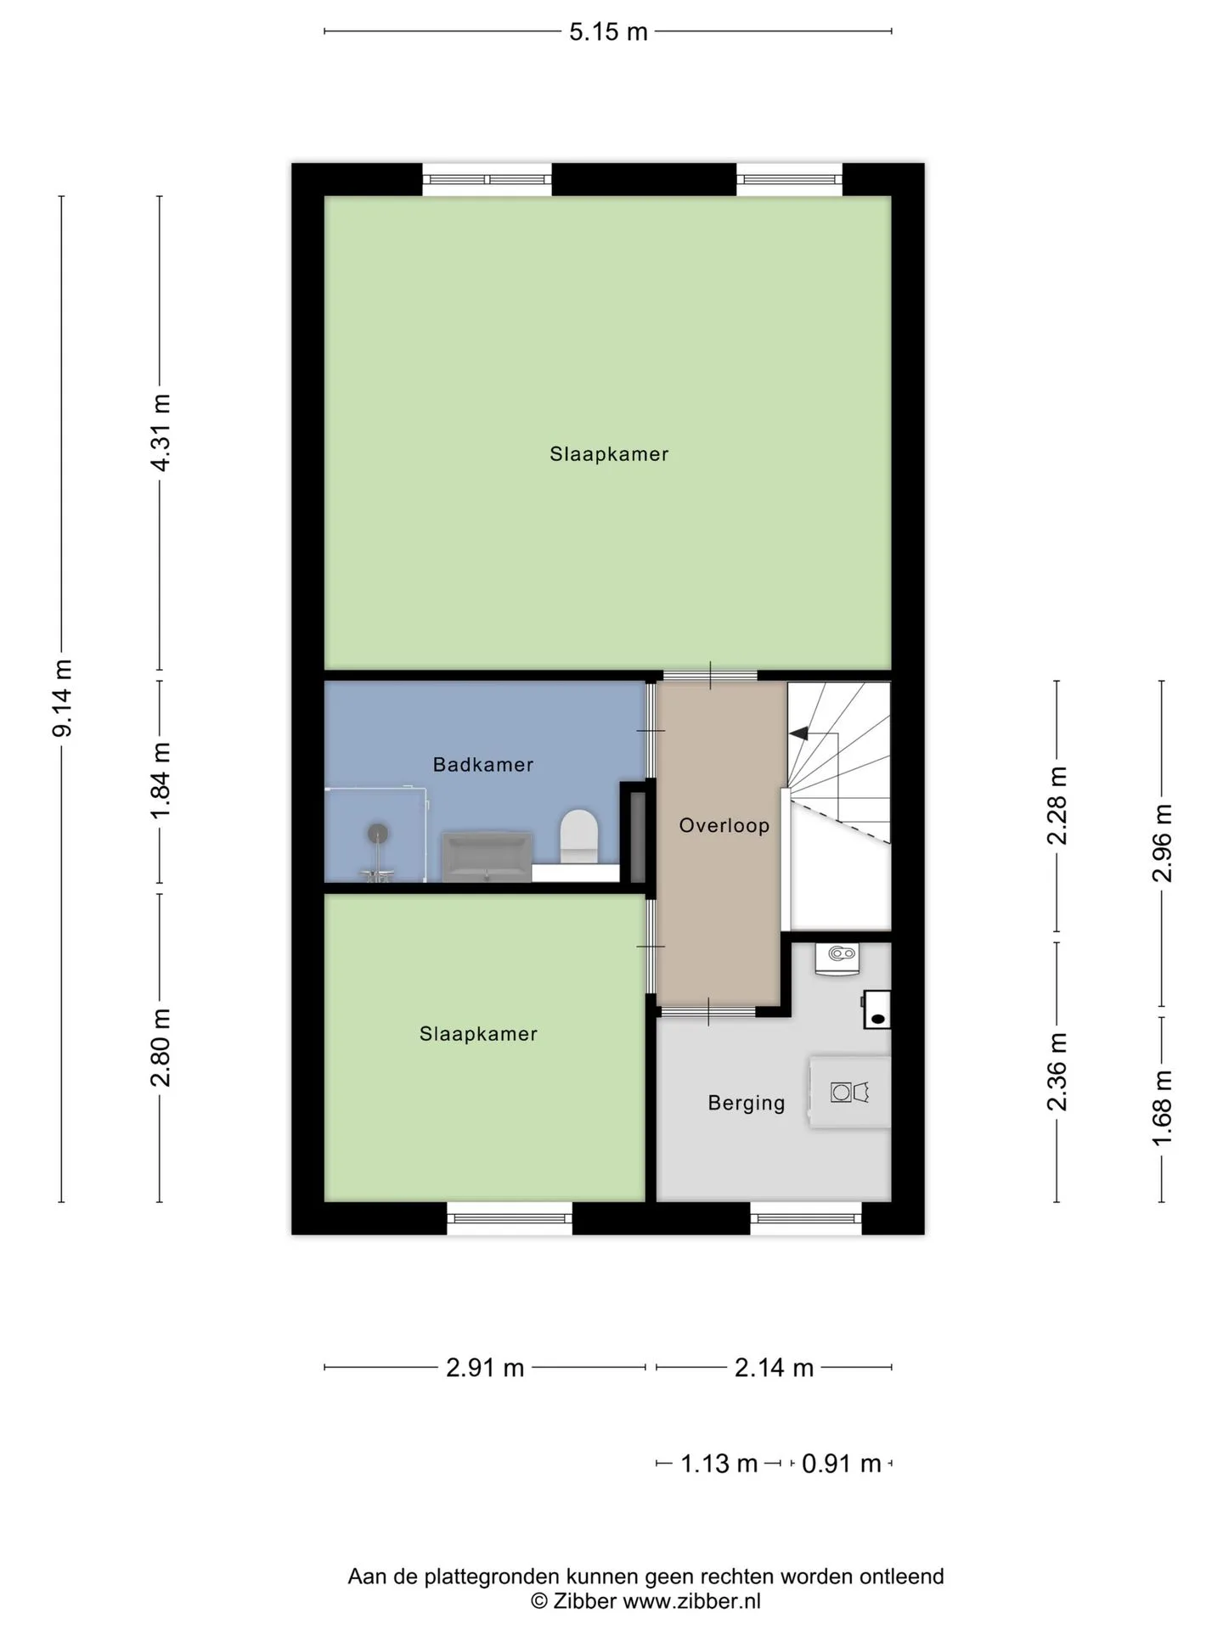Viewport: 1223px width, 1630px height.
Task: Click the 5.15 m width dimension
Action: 608,31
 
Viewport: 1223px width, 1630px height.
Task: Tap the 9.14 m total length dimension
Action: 63,698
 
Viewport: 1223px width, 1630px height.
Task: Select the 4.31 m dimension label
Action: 161,432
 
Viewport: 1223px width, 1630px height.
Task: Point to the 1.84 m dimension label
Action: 161,780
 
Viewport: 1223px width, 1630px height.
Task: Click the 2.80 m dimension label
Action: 161,1047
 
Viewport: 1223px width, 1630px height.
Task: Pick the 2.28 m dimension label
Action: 1057,805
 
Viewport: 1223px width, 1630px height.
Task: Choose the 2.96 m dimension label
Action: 1162,842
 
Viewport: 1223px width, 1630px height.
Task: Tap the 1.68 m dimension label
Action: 1162,1108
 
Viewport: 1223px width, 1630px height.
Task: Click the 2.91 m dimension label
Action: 485,1368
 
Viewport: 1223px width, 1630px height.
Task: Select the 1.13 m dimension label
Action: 719,1464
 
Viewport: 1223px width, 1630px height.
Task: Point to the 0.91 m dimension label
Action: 842,1464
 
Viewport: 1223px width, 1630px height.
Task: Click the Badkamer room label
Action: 483,764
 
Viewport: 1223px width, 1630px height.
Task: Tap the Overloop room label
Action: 724,825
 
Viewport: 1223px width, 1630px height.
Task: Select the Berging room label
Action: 747,1103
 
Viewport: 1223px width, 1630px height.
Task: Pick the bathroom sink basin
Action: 487,856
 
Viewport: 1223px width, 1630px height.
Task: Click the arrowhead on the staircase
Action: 799,733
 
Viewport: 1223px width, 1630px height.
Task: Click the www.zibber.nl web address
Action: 691,1601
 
